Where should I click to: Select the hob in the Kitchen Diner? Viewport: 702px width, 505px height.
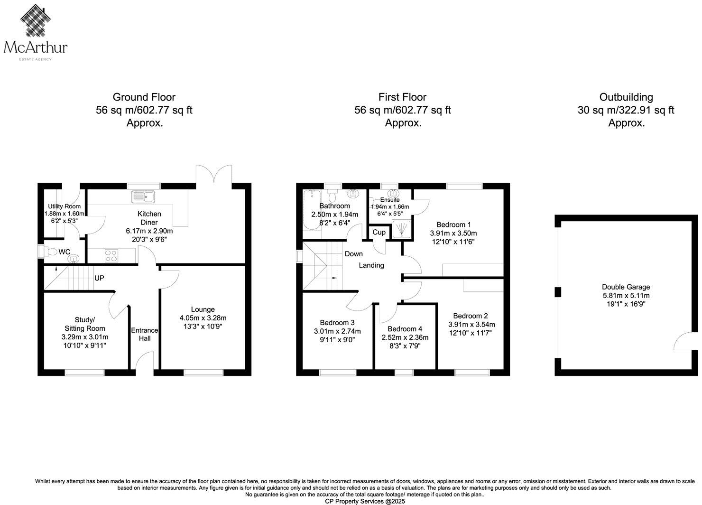tap(111, 255)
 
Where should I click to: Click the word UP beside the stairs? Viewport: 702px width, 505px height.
tap(99, 278)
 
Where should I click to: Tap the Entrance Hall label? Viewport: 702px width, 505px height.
tap(145, 334)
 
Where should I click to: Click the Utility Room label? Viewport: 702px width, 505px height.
tap(64, 206)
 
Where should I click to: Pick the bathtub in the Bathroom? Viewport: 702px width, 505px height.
tap(312, 209)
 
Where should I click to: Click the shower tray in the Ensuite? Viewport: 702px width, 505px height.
tap(401, 230)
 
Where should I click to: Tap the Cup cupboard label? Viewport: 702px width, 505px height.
tap(379, 233)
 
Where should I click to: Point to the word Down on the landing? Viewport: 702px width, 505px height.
tap(354, 254)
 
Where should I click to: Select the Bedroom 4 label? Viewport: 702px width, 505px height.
tap(405, 329)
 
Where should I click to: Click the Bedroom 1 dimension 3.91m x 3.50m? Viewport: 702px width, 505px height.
tap(453, 233)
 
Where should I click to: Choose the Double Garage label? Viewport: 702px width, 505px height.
tap(626, 287)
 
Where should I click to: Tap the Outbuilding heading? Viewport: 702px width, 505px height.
tap(626, 97)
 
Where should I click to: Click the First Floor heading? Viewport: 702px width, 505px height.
tap(402, 97)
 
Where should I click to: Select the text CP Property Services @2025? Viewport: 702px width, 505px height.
tap(365, 501)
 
